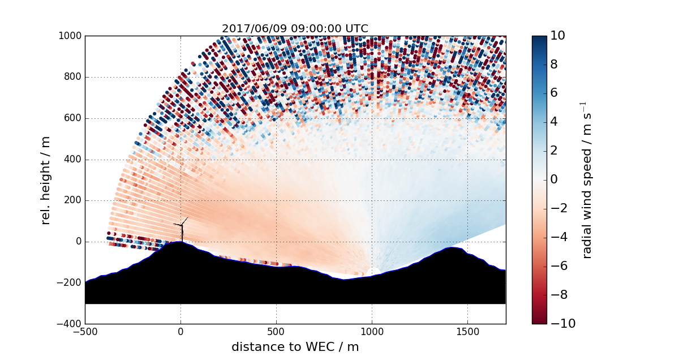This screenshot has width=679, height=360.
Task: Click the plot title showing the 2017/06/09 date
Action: pos(295,28)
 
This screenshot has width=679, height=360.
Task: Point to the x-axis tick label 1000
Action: pos(372,332)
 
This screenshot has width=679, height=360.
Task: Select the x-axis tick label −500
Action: pos(85,332)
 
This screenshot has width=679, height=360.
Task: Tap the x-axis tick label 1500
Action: pos(467,332)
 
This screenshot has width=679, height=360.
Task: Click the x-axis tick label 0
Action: pos(181,332)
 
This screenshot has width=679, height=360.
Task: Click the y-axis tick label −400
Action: pos(68,324)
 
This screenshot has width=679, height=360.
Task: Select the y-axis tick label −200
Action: pos(68,283)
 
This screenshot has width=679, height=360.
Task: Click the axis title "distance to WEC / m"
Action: pos(295,347)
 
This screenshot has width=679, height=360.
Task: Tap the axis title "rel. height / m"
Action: pos(46,180)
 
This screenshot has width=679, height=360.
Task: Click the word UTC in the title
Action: pos(357,28)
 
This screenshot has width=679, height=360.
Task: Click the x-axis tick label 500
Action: pos(276,332)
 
